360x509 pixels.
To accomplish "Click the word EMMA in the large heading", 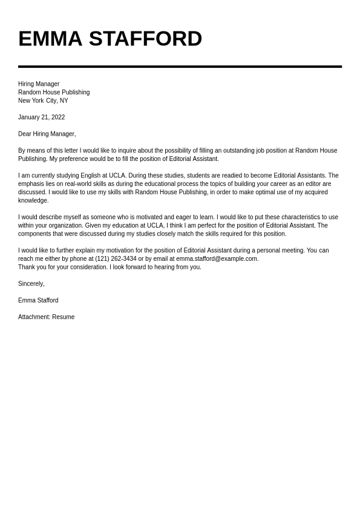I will pos(50,39).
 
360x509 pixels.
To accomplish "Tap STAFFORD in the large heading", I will pos(145,39).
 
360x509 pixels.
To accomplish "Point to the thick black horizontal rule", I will pos(180,67).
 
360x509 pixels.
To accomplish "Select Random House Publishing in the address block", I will pos(54,93).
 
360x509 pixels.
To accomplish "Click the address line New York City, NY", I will pos(43,101).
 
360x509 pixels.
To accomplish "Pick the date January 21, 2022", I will pos(41,117).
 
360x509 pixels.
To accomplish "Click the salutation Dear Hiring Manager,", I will pos(47,134).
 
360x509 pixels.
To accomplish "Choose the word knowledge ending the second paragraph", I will pos(33,201).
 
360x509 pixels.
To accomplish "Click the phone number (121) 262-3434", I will pos(116,259).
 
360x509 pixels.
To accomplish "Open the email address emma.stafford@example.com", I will pos(217,259).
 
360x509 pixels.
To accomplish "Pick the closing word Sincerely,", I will pos(31,284).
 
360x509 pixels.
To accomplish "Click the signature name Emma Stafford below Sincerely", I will pos(38,301).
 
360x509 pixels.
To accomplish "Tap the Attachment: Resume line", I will pos(47,317).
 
